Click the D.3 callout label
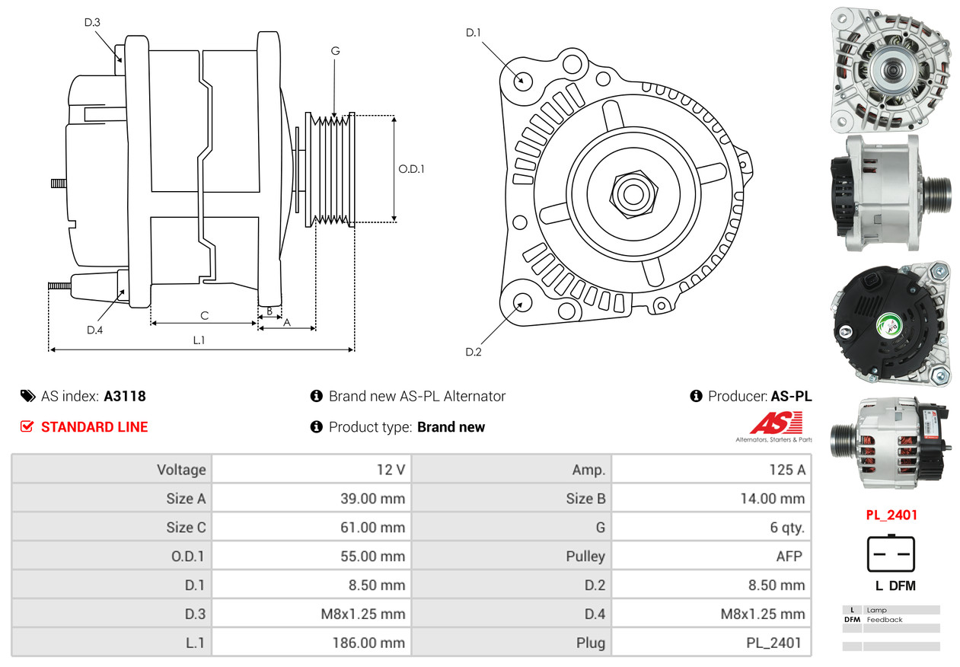(92, 22)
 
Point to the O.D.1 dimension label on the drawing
(411, 169)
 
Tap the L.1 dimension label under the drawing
(199, 340)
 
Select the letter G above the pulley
(335, 51)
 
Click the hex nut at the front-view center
(631, 193)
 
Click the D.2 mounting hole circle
(521, 303)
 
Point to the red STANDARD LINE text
(94, 427)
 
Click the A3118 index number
(125, 396)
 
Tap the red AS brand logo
(776, 423)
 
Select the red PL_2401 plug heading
(891, 515)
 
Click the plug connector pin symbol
(891, 554)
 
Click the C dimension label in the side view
(204, 315)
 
